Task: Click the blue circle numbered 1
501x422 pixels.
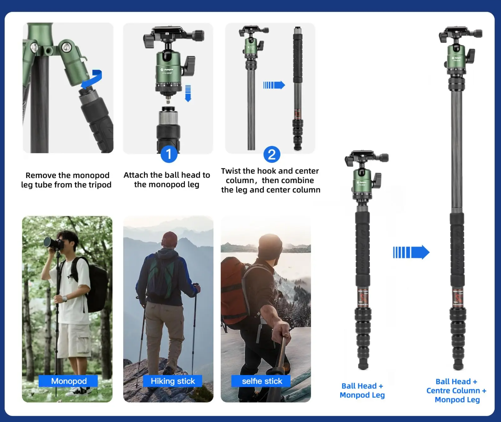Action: (x=169, y=154)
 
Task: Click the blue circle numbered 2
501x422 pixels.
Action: (x=272, y=154)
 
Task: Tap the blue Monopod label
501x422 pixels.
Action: (x=68, y=381)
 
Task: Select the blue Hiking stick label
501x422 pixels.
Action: (x=173, y=381)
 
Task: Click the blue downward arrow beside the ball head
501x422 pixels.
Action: (x=188, y=93)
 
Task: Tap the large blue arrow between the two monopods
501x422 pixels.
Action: (x=411, y=252)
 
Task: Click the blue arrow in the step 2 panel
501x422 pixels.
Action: (x=274, y=85)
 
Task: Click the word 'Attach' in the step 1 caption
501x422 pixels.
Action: (x=136, y=175)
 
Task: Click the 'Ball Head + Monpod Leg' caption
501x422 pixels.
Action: (x=362, y=390)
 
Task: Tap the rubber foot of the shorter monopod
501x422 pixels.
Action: (x=363, y=366)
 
